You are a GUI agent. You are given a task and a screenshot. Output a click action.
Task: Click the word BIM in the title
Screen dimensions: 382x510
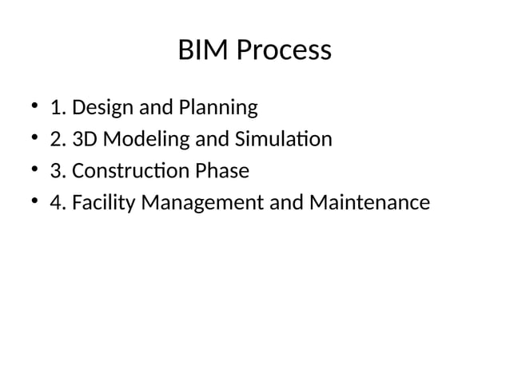[x=201, y=51]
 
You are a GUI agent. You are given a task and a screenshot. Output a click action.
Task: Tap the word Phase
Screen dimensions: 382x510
[x=223, y=172]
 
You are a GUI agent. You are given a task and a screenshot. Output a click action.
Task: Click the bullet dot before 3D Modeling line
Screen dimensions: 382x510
[x=35, y=140]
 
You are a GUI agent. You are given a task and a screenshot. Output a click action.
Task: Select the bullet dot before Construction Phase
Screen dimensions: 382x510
[x=35, y=172]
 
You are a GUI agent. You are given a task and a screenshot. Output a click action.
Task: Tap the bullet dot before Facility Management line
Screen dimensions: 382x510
[x=35, y=204]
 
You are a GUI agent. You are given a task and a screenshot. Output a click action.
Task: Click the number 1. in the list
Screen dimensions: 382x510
[x=58, y=108]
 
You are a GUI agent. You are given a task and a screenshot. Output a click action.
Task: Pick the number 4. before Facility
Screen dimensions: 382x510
[x=58, y=204]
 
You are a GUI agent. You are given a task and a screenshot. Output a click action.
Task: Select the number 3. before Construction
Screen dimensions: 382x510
[x=58, y=172]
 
